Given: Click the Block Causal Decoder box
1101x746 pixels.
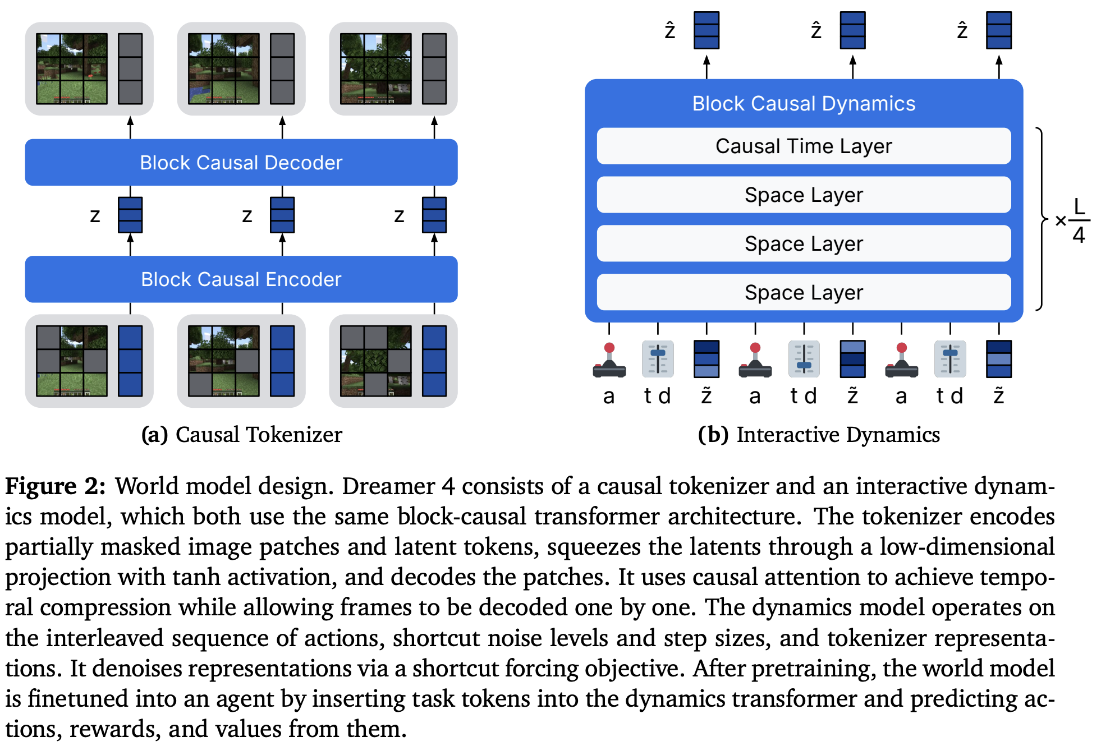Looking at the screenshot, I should click(x=241, y=163).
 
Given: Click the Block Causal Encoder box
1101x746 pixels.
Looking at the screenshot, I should click(x=241, y=279).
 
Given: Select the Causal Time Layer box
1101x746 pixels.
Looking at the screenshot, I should click(x=803, y=146).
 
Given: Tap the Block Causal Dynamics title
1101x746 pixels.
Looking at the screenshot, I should click(x=803, y=104).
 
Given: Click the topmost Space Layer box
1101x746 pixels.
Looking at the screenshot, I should click(x=803, y=195).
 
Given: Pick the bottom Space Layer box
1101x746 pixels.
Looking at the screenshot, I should click(x=803, y=292).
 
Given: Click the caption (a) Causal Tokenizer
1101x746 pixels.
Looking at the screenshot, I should click(x=241, y=435).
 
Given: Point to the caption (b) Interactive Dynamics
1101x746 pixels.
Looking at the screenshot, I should click(x=818, y=435).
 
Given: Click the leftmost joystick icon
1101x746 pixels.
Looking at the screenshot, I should click(x=609, y=360).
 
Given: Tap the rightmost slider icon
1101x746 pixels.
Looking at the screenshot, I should click(x=949, y=359).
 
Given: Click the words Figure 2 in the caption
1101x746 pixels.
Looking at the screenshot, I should click(x=55, y=486).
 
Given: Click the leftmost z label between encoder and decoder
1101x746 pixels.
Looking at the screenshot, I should click(x=95, y=216).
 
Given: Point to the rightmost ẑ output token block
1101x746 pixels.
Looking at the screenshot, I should click(x=998, y=30).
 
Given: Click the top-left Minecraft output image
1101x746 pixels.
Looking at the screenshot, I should click(x=72, y=69).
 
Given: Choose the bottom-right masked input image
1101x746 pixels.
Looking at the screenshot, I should click(x=375, y=361).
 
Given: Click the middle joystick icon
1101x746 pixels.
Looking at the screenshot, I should click(x=755, y=360).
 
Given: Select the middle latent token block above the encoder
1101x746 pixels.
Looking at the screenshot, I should click(x=282, y=215).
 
